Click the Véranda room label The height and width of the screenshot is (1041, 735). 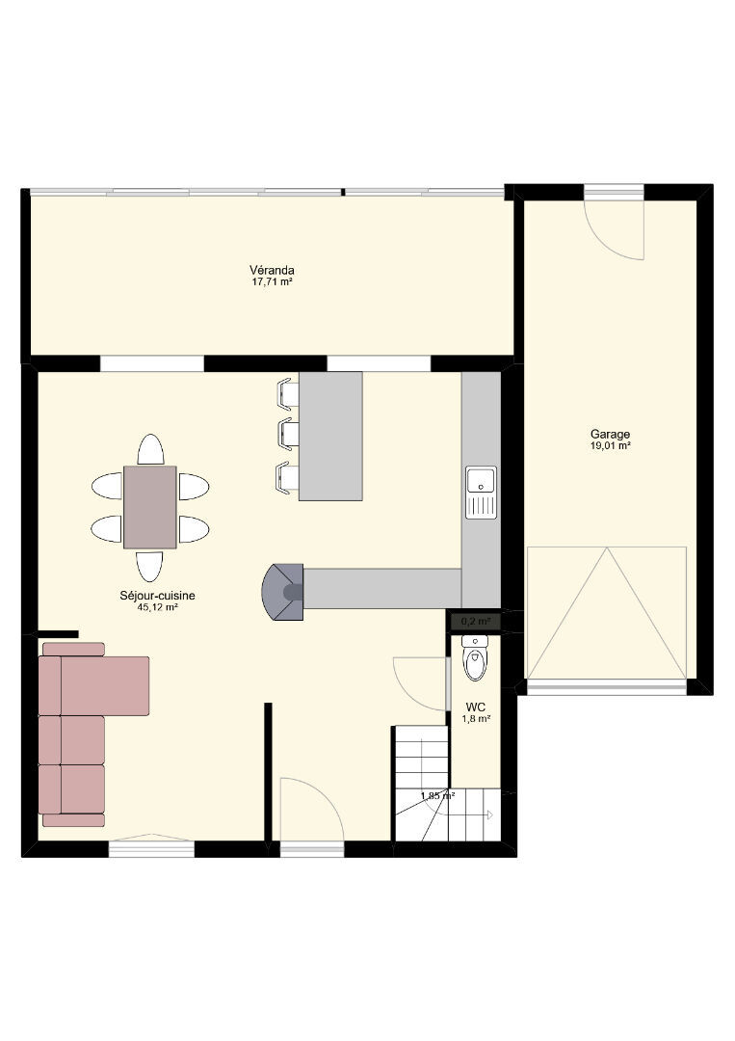pyautogui.click(x=272, y=270)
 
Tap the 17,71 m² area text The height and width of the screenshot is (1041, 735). pyautogui.click(x=272, y=281)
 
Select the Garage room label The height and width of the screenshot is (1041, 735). pyautogui.click(x=611, y=434)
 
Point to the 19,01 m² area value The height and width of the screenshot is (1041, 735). pyautogui.click(x=611, y=446)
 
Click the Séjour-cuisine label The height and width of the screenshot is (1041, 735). pyautogui.click(x=157, y=596)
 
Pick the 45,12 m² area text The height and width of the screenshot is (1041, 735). pyautogui.click(x=157, y=607)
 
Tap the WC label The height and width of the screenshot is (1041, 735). pyautogui.click(x=476, y=707)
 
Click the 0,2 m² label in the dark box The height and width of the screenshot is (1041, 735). pyautogui.click(x=475, y=622)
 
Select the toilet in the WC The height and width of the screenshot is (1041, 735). pyautogui.click(x=475, y=658)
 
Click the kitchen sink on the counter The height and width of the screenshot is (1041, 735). pyautogui.click(x=481, y=492)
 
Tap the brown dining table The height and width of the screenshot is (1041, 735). pyautogui.click(x=150, y=507)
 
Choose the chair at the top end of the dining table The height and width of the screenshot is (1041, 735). pyautogui.click(x=150, y=449)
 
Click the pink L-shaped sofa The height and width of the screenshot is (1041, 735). pyautogui.click(x=92, y=734)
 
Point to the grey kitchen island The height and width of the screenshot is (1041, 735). pyautogui.click(x=330, y=437)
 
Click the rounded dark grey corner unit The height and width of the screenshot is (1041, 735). pyautogui.click(x=283, y=592)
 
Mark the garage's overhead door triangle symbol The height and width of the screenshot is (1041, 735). pyautogui.click(x=607, y=612)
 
